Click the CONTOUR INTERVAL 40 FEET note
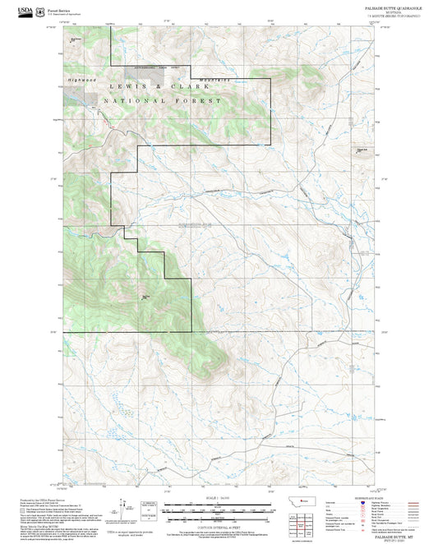click(219, 523)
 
